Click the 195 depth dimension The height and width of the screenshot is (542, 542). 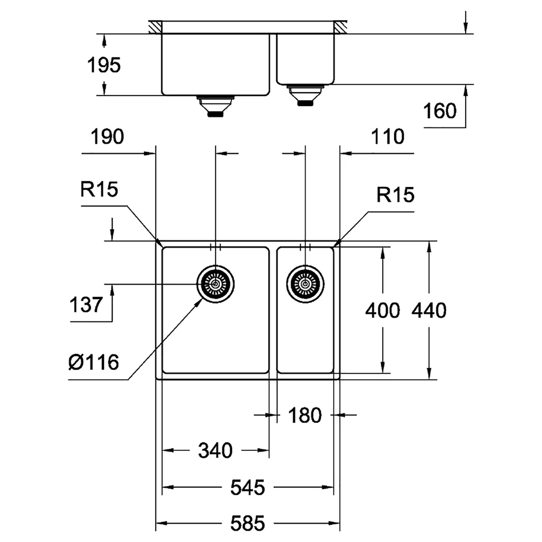coord(104,65)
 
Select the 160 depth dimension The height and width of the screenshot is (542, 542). coord(440,111)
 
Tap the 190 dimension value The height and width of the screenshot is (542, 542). coord(107,137)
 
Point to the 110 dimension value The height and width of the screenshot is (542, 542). coord(388,137)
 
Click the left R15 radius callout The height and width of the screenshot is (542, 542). coord(99,189)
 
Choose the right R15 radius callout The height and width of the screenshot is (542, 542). coord(395,195)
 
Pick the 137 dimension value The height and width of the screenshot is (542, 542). coord(86,305)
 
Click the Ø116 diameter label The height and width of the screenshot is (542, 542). coord(94,362)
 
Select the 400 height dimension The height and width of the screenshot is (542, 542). coord(383,311)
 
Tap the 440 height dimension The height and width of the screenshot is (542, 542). coord(429,311)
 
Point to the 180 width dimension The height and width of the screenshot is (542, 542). coord(305,415)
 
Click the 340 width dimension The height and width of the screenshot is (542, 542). coord(215,451)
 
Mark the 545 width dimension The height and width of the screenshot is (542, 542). coord(248,487)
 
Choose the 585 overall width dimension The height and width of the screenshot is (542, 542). coord(248,523)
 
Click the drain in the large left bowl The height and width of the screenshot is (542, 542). coord(216,284)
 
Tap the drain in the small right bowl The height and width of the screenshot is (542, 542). coord(305,284)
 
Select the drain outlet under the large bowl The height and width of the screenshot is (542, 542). coord(215,106)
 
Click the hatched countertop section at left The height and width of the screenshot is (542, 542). coord(155,27)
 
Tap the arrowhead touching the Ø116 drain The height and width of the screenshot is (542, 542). coord(199,302)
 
